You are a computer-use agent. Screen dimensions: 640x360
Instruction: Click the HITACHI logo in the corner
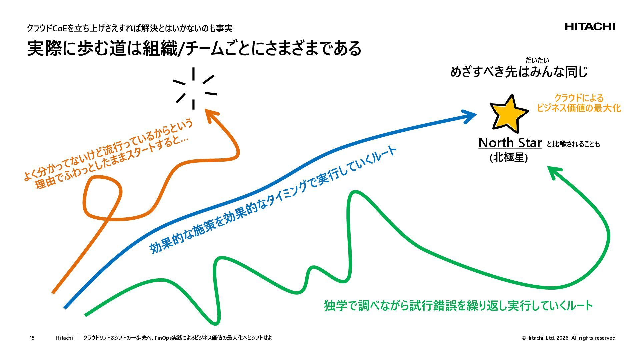[590, 27]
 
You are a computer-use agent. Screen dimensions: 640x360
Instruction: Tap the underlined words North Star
[510, 143]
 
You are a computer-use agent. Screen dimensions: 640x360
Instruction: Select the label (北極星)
[508, 157]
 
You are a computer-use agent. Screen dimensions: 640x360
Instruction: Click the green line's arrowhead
[554, 171]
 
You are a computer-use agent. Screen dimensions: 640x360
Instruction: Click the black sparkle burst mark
[194, 88]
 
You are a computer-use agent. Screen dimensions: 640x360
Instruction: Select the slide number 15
[32, 338]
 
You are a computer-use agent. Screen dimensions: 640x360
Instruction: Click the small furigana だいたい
[537, 60]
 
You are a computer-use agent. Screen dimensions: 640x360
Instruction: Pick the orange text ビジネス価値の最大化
[579, 108]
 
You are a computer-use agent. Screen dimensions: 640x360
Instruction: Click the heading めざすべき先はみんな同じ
[519, 72]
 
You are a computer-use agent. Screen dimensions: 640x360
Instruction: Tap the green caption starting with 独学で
[458, 305]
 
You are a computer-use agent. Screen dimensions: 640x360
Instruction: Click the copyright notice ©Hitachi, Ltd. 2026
[568, 338]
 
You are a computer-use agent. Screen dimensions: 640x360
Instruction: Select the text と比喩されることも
[573, 144]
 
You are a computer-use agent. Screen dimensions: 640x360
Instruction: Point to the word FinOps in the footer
[163, 338]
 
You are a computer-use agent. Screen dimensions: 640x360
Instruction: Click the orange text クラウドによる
[579, 98]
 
